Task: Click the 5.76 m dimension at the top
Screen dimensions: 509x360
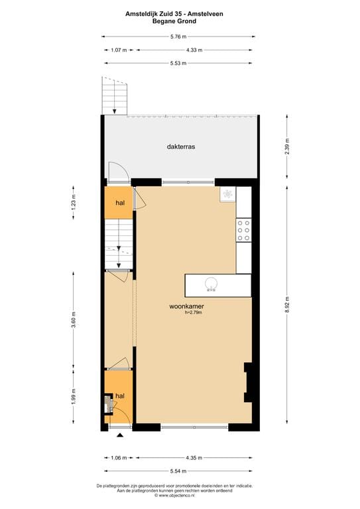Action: click(x=178, y=36)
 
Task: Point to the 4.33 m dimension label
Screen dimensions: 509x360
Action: click(x=194, y=50)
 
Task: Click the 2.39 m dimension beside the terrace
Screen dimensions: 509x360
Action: click(x=287, y=146)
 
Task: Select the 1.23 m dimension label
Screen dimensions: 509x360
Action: click(x=74, y=202)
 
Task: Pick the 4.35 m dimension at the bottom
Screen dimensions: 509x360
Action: click(x=194, y=457)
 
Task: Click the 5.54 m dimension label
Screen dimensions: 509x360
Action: click(x=178, y=471)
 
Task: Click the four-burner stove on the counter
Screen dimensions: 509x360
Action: click(x=243, y=230)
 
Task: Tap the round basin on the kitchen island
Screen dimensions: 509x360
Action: click(x=211, y=284)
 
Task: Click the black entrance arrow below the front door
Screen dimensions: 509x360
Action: click(x=119, y=436)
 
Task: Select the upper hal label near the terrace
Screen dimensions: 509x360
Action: click(x=120, y=203)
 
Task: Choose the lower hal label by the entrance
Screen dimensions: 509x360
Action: click(x=120, y=396)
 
